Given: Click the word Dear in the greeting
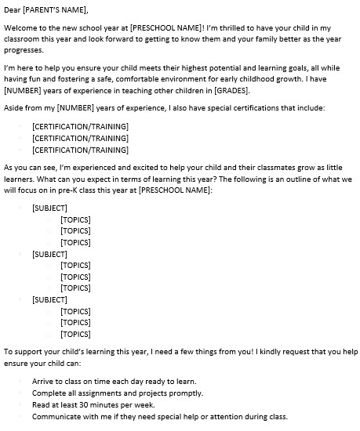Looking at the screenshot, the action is (13, 10).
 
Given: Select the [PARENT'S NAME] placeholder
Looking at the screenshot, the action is (56, 10).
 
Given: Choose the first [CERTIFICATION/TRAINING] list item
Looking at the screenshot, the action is (80, 125).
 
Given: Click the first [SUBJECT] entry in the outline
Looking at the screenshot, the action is (49, 208).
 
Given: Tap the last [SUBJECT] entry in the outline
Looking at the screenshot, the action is (49, 299).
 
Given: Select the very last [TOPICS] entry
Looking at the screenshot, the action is (75, 334).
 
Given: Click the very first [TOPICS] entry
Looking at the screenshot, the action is (75, 219).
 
